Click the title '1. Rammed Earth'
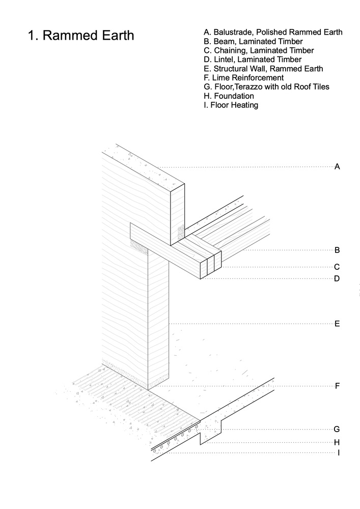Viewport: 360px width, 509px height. coord(81,36)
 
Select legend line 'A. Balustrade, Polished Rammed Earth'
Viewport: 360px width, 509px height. coord(272,32)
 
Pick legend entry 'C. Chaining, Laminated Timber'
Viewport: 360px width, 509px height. coord(258,50)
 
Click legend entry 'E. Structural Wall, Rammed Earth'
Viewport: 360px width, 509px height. coord(263,69)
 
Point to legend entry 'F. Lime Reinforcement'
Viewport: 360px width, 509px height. coord(243,78)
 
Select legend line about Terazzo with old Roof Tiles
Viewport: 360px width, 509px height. coord(266,87)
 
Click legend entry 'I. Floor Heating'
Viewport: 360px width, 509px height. coord(231,105)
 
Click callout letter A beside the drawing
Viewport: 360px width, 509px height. coord(337,166)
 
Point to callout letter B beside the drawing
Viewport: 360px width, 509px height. coord(337,250)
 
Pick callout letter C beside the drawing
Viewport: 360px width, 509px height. coord(337,267)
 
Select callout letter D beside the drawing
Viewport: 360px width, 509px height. coord(337,279)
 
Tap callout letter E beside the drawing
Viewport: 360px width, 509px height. coord(337,323)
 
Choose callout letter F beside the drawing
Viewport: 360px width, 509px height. coord(337,386)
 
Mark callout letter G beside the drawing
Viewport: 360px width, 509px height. coord(337,429)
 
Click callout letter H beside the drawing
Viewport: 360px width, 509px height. coord(337,442)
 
